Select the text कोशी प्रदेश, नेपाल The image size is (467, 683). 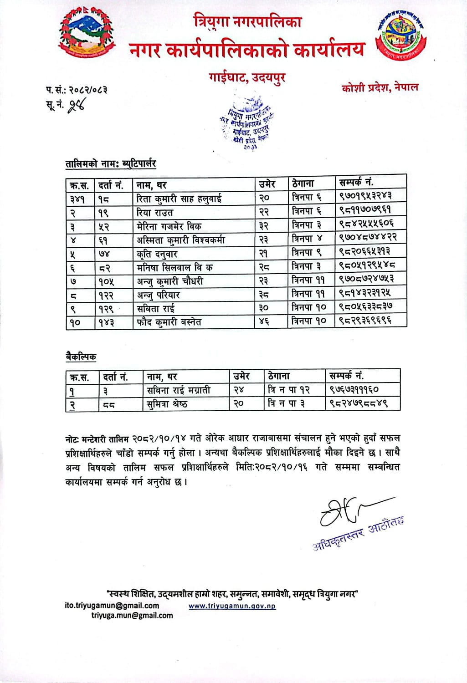pos(380,87)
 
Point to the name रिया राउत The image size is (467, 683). pos(155,212)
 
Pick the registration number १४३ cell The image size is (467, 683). pos(106,322)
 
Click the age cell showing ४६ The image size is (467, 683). pos(264,321)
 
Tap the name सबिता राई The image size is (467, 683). pos(155,308)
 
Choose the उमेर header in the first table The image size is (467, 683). pos(267,184)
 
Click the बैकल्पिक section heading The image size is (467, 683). pos(81,357)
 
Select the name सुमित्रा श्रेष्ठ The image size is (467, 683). pos(167,404)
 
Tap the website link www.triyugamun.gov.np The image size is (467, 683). pos(232,606)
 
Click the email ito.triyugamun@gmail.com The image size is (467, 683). pos(112,606)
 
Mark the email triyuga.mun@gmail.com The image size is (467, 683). pos(132,616)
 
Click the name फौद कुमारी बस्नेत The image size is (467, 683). pos(169,322)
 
